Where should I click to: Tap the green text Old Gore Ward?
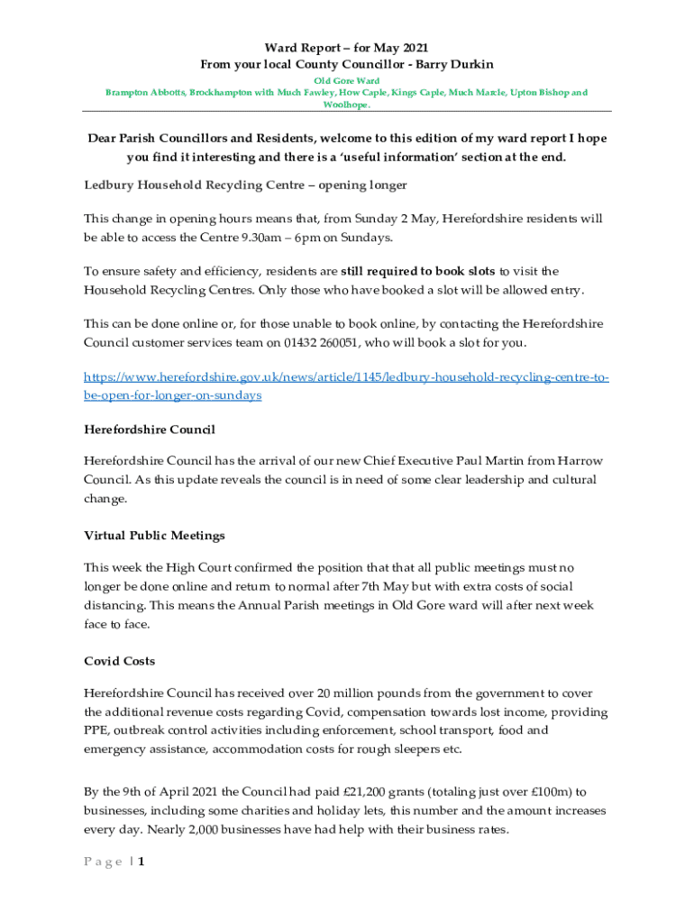point(346,81)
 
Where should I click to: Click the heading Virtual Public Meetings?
point(154,536)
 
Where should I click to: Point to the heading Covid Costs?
point(119,661)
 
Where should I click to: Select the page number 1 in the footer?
point(142,862)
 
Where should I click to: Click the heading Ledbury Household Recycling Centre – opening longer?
point(245,185)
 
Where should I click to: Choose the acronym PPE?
point(96,731)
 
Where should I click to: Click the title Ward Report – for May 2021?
point(346,47)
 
